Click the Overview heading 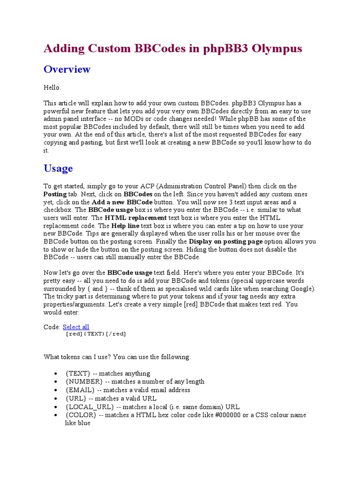[x=67, y=69]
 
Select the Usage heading [x=58, y=168]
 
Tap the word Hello [x=52, y=87]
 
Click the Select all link [x=76, y=327]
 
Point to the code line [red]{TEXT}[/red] [x=96, y=334]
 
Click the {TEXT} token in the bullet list [x=75, y=374]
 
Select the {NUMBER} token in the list [x=81, y=382]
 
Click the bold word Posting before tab [x=55, y=194]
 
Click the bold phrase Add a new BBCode [x=122, y=202]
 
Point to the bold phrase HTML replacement [x=135, y=218]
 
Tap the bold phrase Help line [x=125, y=226]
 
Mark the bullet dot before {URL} [x=56, y=398]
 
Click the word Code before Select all [x=51, y=327]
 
